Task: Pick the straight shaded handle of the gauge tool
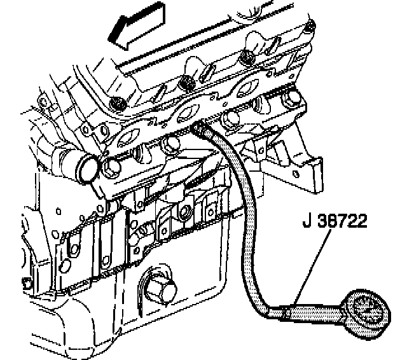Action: click(315, 313)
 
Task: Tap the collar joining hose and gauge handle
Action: click(285, 312)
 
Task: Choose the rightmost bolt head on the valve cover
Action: click(309, 27)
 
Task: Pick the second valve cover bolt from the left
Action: click(185, 82)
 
